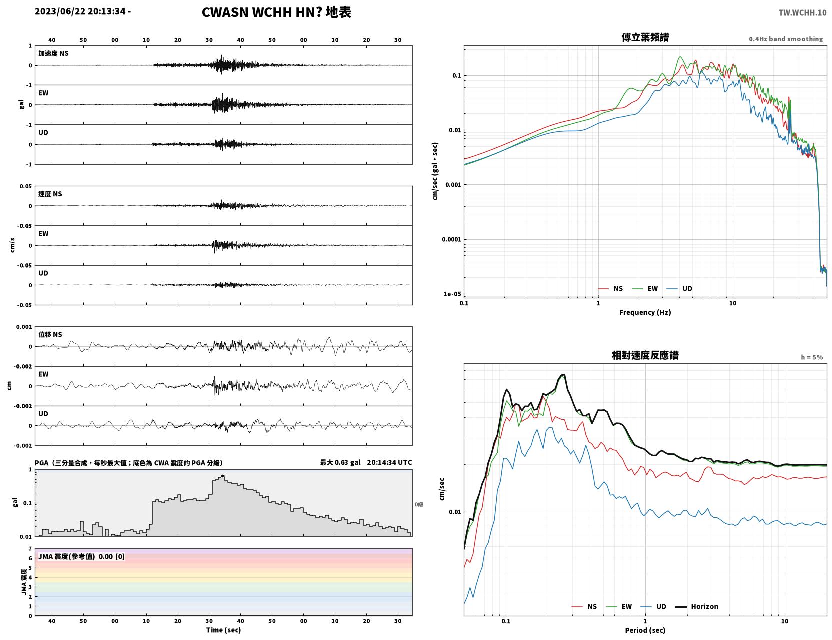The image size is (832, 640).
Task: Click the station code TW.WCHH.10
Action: click(802, 12)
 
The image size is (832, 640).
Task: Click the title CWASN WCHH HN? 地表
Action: click(276, 12)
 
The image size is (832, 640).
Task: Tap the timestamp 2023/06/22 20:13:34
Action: click(80, 11)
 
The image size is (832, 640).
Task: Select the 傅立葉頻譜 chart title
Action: click(645, 37)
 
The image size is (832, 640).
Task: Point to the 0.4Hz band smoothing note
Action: click(785, 39)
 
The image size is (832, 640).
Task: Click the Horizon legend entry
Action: click(696, 606)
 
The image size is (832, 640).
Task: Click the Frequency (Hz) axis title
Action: click(645, 312)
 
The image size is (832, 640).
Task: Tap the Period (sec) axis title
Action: click(645, 630)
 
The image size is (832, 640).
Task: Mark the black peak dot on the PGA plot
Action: click(222, 476)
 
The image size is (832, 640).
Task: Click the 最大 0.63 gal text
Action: click(340, 462)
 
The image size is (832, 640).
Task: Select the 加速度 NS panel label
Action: click(53, 53)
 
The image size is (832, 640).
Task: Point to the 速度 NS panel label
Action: click(50, 194)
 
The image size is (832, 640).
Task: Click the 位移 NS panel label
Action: click(50, 334)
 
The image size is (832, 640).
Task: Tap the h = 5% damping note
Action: click(812, 357)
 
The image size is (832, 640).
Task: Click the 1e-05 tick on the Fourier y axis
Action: click(452, 294)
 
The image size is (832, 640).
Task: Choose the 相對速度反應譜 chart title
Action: click(645, 355)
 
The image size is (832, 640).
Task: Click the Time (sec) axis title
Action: click(223, 630)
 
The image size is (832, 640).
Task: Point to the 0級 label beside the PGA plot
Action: click(419, 504)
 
